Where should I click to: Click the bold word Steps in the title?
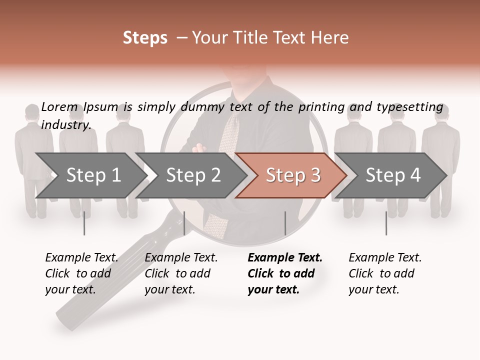(x=145, y=38)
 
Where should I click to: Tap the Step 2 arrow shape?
(x=190, y=175)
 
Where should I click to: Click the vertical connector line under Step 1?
(x=84, y=223)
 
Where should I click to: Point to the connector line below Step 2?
(x=184, y=223)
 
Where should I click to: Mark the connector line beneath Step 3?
(x=285, y=223)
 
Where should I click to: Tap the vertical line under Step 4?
(x=386, y=223)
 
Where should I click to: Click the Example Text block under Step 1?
(x=81, y=273)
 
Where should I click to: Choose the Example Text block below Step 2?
(x=181, y=273)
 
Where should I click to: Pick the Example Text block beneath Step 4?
(x=385, y=273)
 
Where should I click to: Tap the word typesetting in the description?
(x=409, y=107)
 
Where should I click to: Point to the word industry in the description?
(x=66, y=124)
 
